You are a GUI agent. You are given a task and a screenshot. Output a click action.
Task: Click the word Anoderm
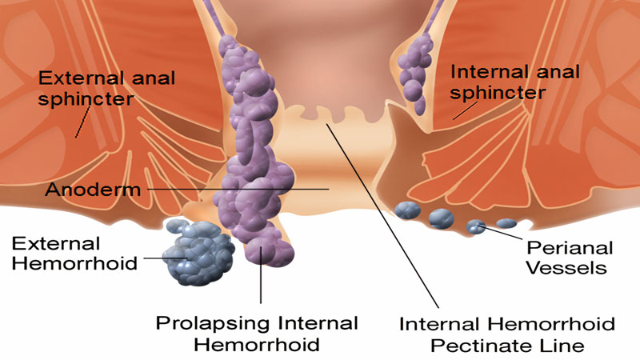pyautogui.click(x=82, y=190)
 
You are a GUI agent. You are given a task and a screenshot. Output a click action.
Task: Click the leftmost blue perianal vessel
pyautogui.click(x=407, y=210)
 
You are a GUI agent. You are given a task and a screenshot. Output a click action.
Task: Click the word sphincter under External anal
pyautogui.click(x=86, y=100)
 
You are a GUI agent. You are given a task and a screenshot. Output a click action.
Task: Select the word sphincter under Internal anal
pyautogui.click(x=498, y=93)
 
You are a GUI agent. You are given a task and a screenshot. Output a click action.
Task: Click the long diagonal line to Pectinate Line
pyautogui.click(x=384, y=216)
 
